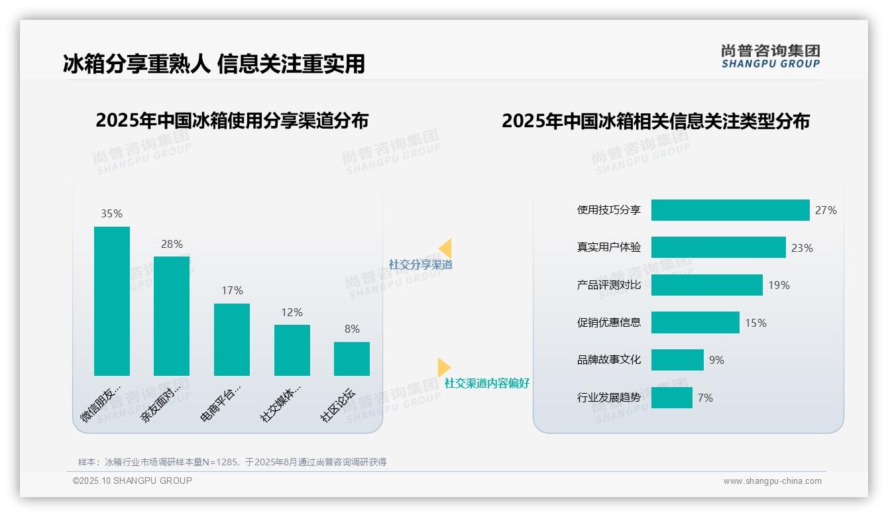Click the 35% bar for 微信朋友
112,301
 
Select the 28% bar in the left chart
172,316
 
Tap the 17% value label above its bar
232,290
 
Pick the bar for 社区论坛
352,359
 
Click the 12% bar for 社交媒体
292,350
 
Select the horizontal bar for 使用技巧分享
730,210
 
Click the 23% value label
802,248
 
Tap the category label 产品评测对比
609,285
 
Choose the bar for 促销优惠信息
695,323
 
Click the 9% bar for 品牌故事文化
677,360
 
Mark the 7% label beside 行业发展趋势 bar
705,398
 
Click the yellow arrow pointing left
445,249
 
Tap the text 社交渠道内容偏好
487,383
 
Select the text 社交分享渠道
420,264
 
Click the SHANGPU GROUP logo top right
770,56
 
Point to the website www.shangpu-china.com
772,481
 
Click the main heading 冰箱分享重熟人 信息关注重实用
214,64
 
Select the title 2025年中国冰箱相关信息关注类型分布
655,121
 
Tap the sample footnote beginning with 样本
232,462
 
